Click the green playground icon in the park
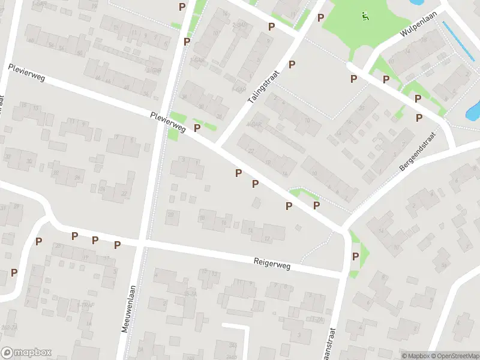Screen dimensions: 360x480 365,16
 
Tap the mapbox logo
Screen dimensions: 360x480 26,353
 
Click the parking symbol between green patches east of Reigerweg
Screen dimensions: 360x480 355,257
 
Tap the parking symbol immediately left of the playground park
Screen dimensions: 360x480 320,17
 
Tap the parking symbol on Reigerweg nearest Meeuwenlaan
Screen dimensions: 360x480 117,245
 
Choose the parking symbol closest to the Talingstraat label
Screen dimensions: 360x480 292,65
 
